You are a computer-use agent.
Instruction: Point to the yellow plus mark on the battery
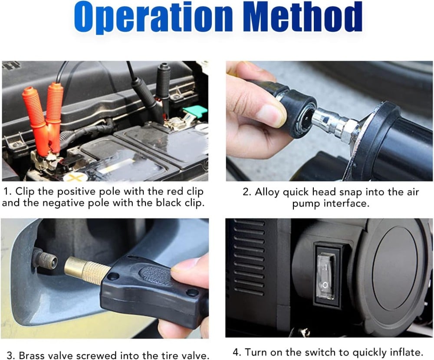[73, 177]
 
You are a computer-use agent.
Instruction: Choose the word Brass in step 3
[30, 355]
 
